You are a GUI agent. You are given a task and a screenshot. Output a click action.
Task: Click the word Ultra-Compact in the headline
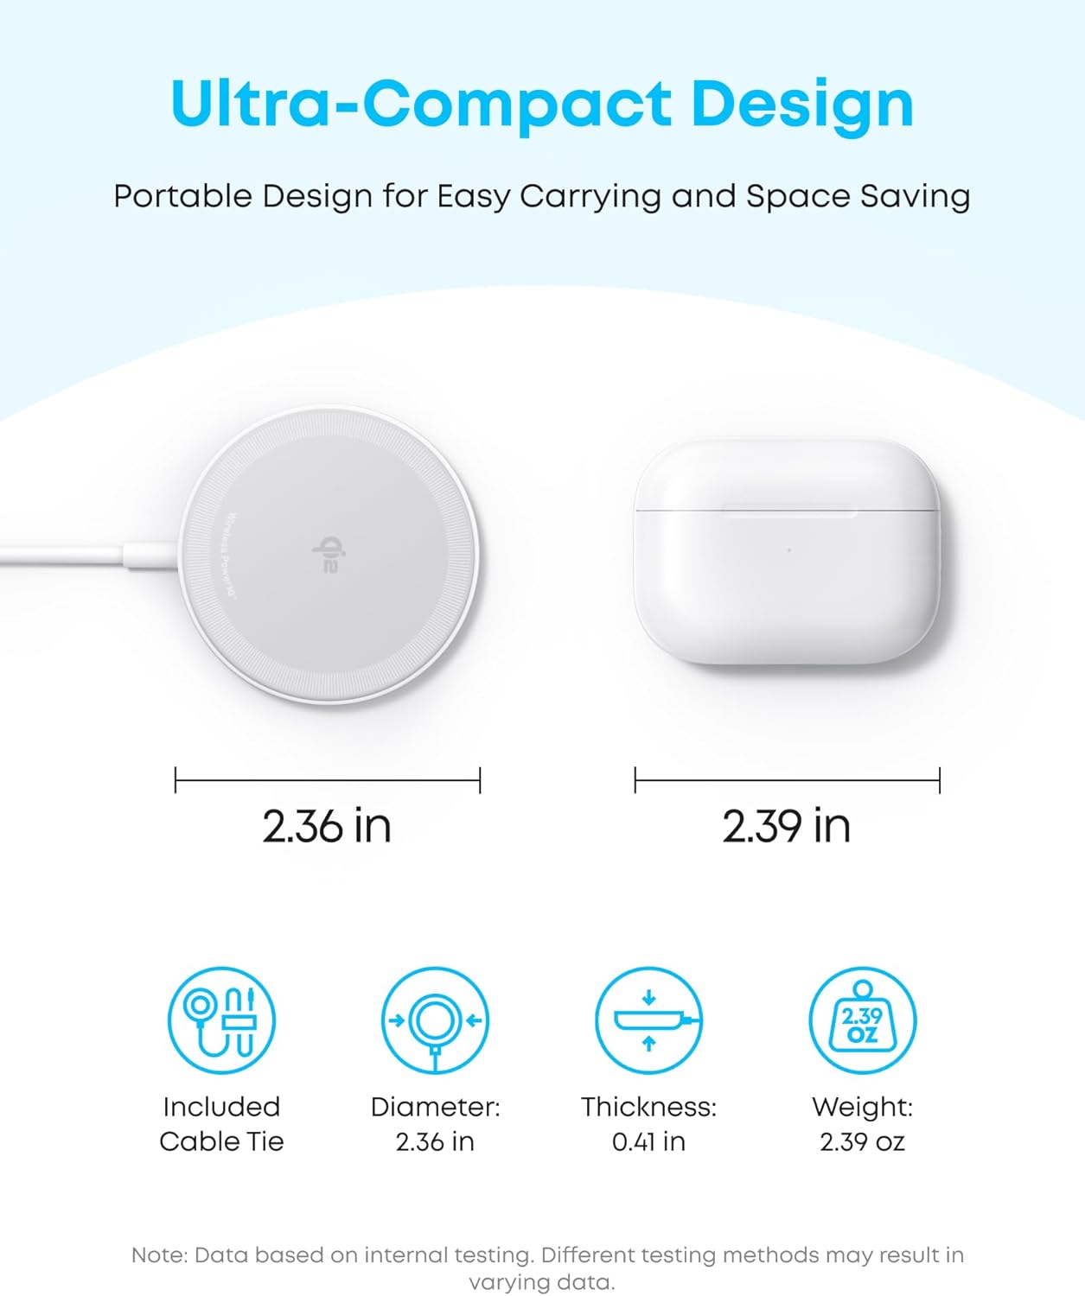click(x=421, y=105)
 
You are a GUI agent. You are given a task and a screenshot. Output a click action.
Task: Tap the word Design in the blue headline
click(x=801, y=105)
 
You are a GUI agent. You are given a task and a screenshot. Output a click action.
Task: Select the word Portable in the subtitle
click(x=182, y=197)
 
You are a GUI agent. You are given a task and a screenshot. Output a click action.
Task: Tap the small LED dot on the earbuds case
click(x=788, y=550)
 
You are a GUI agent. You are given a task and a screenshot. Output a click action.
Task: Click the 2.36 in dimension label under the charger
click(x=327, y=826)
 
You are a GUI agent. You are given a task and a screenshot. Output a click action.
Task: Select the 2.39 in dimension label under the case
click(x=787, y=826)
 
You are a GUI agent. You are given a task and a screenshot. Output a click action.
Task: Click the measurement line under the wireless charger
click(x=327, y=780)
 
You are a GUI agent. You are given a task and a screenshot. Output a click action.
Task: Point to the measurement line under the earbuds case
click(x=787, y=780)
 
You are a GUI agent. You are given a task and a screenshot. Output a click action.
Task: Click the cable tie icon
click(x=221, y=1020)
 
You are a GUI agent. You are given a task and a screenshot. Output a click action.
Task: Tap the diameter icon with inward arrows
click(x=435, y=1020)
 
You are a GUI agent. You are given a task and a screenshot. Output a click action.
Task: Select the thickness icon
click(x=648, y=1020)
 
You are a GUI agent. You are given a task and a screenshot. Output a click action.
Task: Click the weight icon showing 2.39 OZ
click(x=862, y=1020)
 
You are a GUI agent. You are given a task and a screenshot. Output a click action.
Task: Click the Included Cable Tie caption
click(x=221, y=1124)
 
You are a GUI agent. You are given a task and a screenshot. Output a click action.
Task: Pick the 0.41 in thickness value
click(x=648, y=1142)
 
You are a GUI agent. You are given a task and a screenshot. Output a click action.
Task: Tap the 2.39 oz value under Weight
click(x=862, y=1142)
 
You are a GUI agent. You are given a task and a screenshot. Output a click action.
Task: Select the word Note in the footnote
click(x=158, y=1255)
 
